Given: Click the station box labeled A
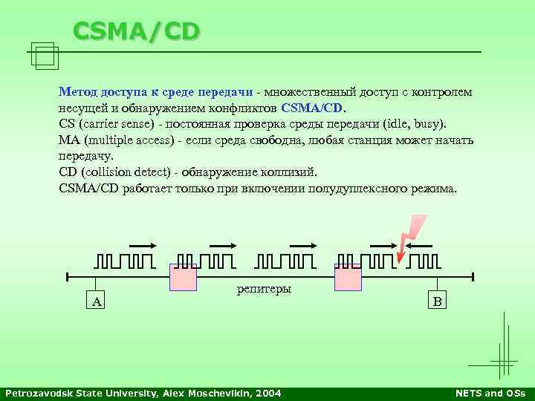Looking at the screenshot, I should click(97, 301).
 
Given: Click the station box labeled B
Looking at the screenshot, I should click(438, 301).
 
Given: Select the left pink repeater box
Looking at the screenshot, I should click(183, 277).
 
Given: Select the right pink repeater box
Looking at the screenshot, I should click(348, 277).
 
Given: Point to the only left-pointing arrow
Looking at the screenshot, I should click(422, 246).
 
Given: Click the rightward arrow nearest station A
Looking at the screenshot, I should click(142, 246).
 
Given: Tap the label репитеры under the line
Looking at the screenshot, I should click(264, 288).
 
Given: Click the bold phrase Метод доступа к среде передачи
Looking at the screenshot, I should click(156, 92).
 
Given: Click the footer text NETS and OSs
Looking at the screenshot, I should click(490, 393).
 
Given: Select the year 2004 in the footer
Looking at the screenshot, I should click(268, 393).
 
